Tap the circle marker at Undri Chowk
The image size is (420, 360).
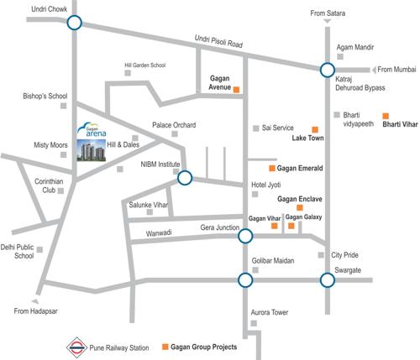[74, 23]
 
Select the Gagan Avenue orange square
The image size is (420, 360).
[237, 88]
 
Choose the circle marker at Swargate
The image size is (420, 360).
[326, 279]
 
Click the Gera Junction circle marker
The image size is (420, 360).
[244, 237]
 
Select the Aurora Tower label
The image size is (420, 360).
[270, 312]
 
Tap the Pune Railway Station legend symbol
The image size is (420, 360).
[76, 346]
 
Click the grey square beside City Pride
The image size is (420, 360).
[321, 254]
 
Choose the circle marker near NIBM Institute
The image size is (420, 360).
[185, 177]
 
